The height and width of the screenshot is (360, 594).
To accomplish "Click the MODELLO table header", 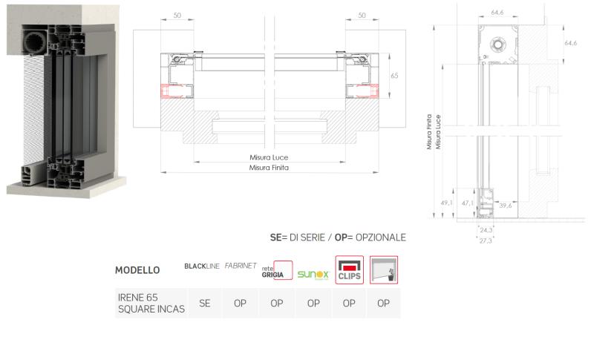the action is [137, 270].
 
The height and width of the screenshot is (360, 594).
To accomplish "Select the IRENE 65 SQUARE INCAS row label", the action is [151, 304].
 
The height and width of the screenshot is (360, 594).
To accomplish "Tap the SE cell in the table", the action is [205, 304].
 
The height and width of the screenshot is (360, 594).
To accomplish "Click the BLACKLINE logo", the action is [201, 266].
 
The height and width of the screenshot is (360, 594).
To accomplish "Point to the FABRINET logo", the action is [241, 266].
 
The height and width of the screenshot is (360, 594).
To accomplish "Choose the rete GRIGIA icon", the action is [277, 270].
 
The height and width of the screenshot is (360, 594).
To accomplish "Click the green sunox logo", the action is [313, 275].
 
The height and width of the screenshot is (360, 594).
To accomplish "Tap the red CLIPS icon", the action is [349, 270].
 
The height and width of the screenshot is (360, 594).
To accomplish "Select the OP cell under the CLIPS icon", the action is [349, 304].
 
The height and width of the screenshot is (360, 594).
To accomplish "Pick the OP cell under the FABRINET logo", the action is [240, 304].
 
